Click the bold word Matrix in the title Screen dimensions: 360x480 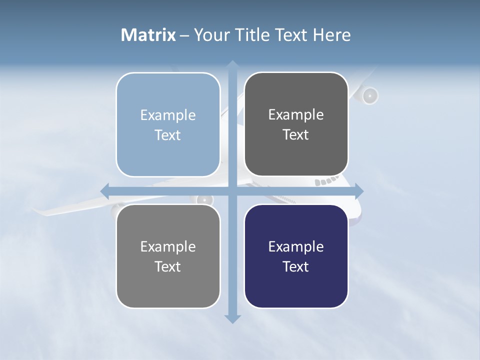tap(148, 35)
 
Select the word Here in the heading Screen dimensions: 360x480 tap(331, 35)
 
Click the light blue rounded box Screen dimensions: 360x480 tap(168, 124)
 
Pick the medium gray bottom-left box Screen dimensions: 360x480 tap(168, 256)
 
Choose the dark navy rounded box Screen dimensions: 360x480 tap(296, 256)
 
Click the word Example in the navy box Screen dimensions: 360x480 tap(296, 246)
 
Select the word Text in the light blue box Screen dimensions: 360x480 tap(167, 135)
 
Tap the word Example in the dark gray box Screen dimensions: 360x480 tap(296, 114)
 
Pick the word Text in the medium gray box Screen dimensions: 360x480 tap(167, 266)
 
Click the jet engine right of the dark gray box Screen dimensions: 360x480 tap(369, 95)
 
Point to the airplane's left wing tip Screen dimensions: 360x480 tap(40, 213)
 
